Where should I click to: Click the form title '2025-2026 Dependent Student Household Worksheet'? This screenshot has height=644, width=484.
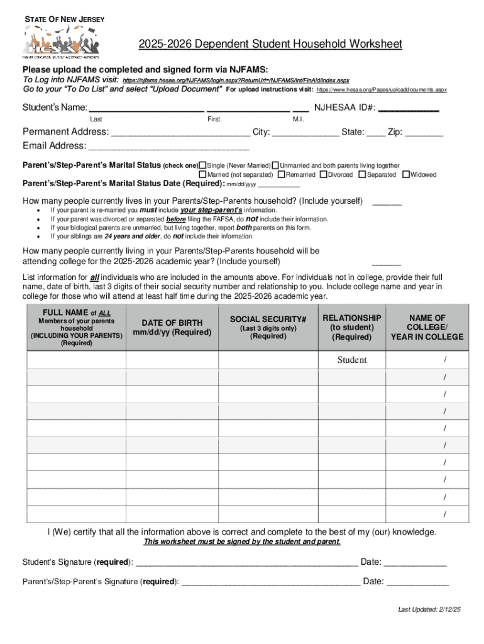click(x=270, y=45)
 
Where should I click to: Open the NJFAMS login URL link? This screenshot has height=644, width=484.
click(x=236, y=81)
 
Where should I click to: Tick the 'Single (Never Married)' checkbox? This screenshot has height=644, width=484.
click(x=203, y=165)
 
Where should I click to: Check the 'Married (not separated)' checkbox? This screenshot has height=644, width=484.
click(x=203, y=174)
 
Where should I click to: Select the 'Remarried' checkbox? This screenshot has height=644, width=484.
click(x=282, y=174)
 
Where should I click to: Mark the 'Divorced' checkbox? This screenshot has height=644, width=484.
click(x=323, y=174)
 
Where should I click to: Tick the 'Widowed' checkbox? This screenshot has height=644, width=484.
click(x=406, y=174)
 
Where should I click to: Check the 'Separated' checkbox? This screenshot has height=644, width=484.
click(x=362, y=174)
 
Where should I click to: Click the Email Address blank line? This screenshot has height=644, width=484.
click(x=169, y=148)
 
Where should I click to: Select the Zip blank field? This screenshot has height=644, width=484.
click(x=424, y=135)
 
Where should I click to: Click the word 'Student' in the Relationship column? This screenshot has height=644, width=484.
click(x=352, y=360)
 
